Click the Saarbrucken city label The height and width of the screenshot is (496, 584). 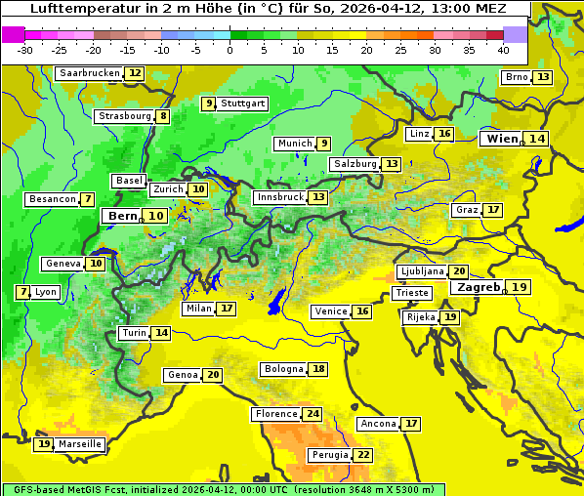(90, 73)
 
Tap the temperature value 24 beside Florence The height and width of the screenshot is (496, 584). (313, 414)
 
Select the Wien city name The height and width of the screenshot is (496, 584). (502, 139)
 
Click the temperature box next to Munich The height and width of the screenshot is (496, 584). (324, 144)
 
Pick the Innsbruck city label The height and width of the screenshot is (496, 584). (280, 197)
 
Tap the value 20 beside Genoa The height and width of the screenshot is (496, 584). (213, 375)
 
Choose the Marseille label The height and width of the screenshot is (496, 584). (80, 444)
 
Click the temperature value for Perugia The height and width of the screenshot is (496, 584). (363, 455)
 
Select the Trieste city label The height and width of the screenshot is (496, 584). (411, 293)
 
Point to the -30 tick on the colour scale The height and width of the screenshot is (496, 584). (25, 50)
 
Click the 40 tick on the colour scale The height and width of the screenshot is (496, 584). (503, 50)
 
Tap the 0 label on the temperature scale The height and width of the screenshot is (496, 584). (230, 50)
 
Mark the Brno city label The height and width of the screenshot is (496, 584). (517, 77)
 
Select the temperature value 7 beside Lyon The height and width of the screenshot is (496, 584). (22, 292)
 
